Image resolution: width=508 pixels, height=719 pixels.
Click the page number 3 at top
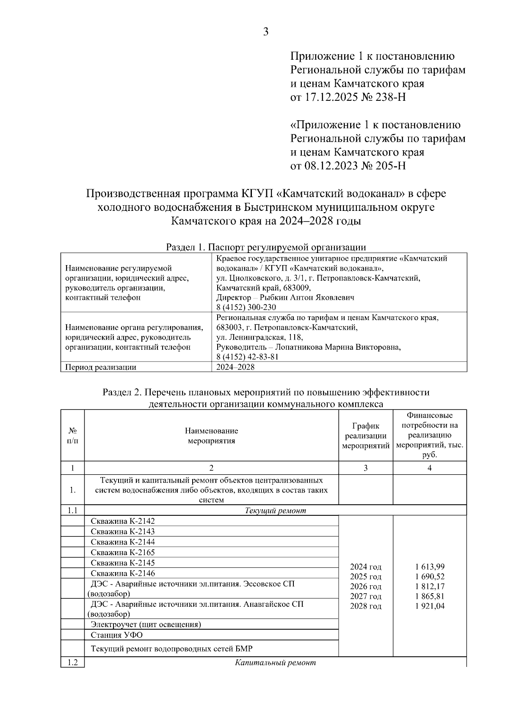[265, 32]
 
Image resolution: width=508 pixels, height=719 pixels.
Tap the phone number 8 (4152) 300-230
[246, 307]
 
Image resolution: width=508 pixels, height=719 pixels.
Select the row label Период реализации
[101, 367]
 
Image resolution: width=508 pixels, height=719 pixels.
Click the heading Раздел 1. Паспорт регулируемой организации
[266, 247]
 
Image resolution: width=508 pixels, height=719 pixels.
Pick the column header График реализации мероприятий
[366, 436]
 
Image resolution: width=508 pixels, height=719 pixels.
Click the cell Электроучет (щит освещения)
[146, 624]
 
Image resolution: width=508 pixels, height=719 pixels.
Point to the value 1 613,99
[430, 567]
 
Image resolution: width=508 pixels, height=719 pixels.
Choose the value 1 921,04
[430, 606]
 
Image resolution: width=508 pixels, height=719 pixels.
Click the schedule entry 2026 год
[366, 586]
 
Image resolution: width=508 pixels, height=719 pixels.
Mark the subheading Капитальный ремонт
[276, 663]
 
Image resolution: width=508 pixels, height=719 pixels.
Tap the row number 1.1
[72, 511]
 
